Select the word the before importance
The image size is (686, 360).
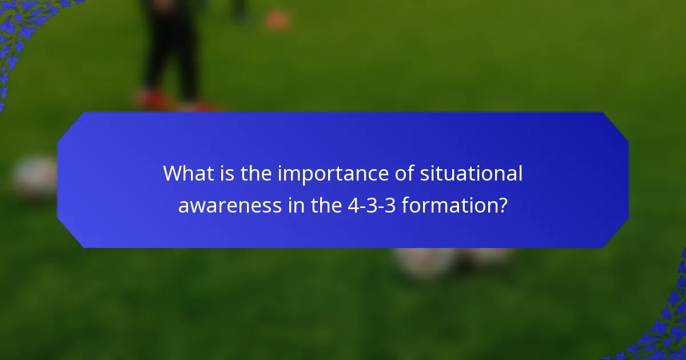[x=256, y=174]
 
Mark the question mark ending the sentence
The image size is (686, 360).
[x=501, y=205]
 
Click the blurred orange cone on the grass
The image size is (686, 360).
[x=277, y=21]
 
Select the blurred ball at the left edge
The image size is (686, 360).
[x=34, y=177]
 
